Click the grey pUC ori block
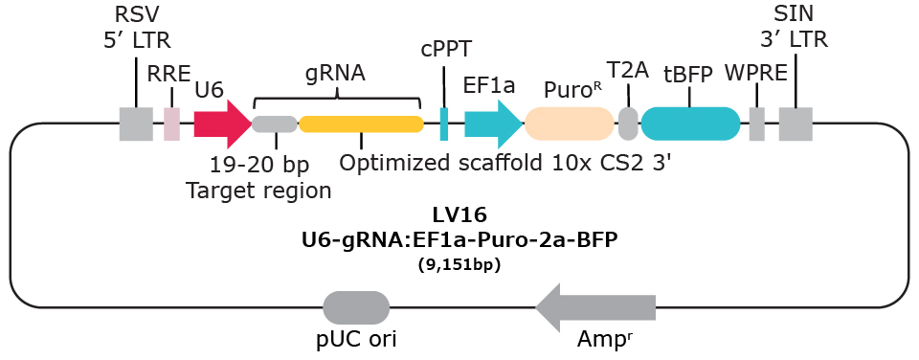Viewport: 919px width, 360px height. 356,307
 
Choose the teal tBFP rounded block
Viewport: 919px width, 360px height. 690,124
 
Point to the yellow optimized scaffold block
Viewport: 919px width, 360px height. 361,124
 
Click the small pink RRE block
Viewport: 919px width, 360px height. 171,124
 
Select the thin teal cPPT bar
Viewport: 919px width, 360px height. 444,124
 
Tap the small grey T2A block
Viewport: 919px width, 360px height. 628,124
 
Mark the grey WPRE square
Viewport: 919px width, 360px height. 756,124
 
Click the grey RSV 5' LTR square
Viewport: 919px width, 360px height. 136,124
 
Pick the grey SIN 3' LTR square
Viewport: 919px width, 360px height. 796,124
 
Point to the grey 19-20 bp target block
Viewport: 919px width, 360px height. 275,124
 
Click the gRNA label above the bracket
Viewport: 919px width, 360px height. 336,73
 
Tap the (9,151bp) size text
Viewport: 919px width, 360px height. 459,264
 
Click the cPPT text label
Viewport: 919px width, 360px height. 446,49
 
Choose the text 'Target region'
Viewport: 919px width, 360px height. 258,190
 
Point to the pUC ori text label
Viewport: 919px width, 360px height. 356,339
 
